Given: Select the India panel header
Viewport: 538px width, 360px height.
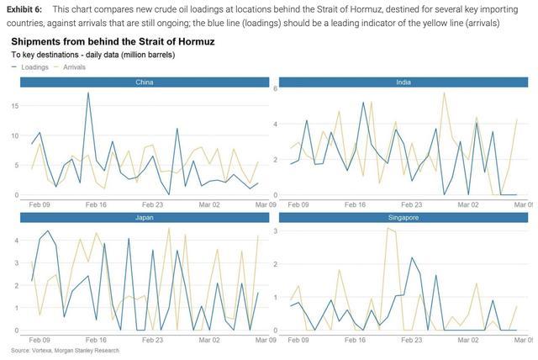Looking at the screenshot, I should point(404,82).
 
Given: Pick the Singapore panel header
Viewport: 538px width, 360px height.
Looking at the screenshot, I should point(404,218).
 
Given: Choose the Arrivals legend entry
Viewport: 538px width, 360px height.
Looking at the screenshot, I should point(74,66).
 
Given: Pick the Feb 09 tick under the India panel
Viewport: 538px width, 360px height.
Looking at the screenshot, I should point(298,204).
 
